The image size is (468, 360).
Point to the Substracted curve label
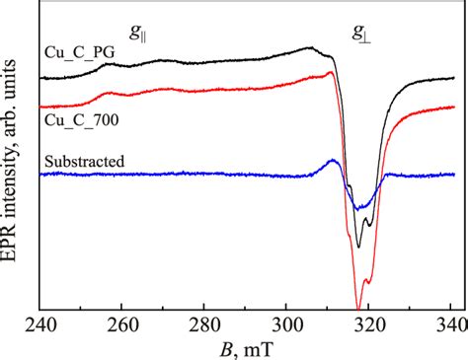coord(79,159)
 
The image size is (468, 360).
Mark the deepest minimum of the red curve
coord(357,308)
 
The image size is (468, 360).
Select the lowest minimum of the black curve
coord(357,247)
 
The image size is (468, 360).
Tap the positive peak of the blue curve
coord(334,161)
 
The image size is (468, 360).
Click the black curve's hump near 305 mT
coord(308,47)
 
